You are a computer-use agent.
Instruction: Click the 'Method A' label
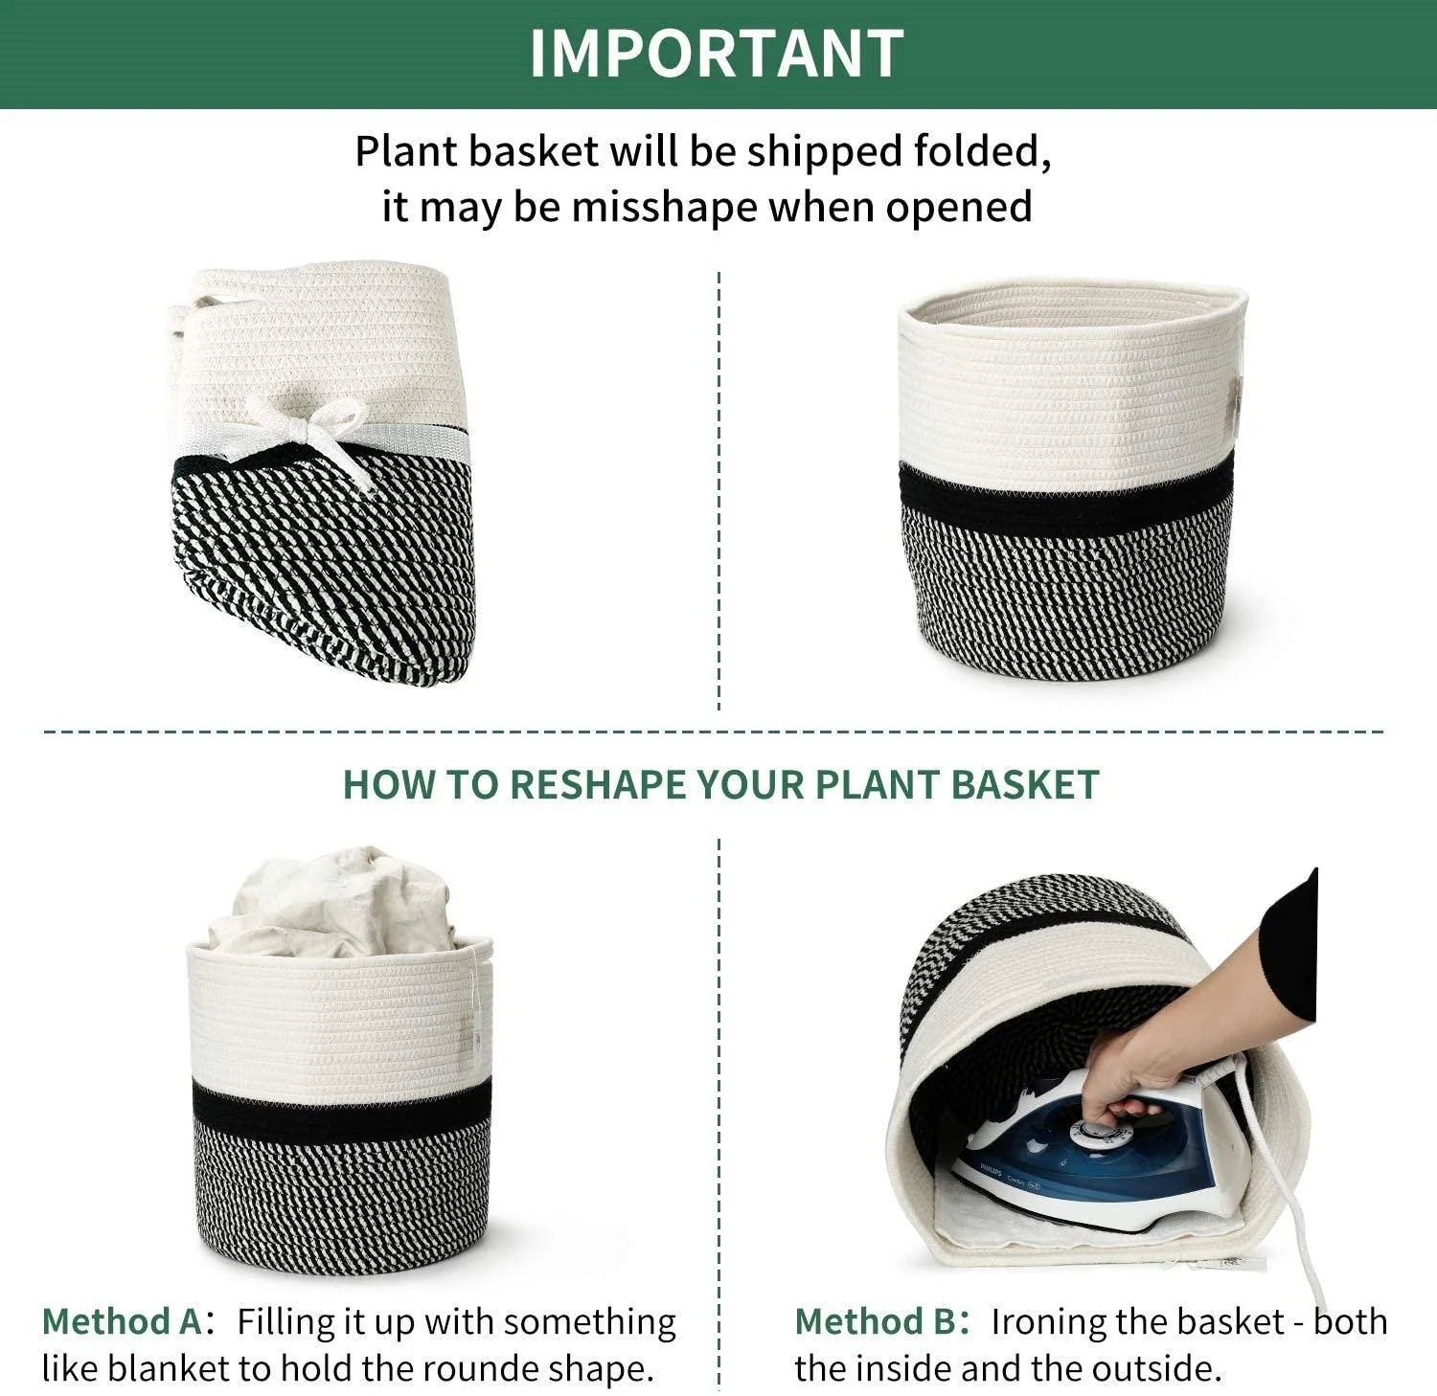122,1321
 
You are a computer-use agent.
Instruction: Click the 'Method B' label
875,1321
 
